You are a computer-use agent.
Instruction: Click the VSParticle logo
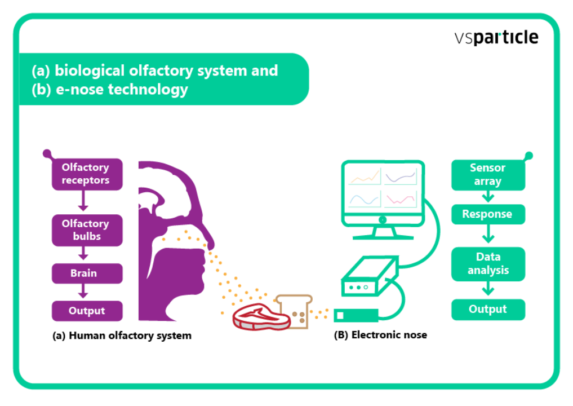(x=496, y=38)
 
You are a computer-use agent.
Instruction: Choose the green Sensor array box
(x=488, y=175)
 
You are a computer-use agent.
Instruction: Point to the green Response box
(x=488, y=214)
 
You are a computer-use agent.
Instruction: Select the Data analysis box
(x=488, y=263)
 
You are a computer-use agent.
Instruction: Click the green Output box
(x=488, y=310)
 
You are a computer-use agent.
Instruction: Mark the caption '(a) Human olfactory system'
(x=122, y=336)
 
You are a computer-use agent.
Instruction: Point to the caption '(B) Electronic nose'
(x=380, y=335)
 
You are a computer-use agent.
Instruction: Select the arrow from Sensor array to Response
(x=488, y=197)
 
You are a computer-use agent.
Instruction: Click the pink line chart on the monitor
(x=401, y=199)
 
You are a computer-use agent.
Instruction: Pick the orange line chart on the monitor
(x=365, y=176)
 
